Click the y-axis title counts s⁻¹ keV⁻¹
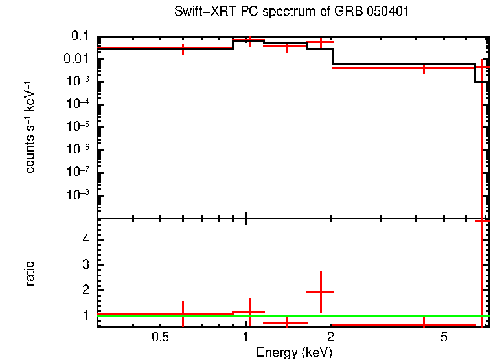30,128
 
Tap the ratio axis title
30,273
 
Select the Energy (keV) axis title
293,352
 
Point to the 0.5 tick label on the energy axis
160,338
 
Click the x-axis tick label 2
330,338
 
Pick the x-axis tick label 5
444,338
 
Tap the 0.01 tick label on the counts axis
76,59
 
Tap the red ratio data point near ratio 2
320,291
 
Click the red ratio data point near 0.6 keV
183,314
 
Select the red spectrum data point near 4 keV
424,68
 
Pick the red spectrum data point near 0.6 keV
183,49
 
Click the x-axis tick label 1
245,338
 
